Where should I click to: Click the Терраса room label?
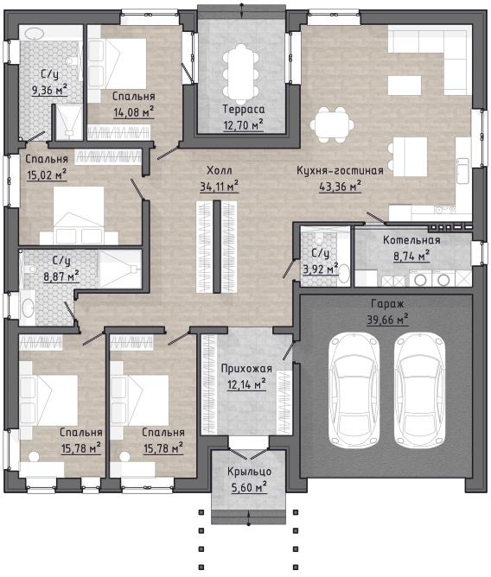click(244, 110)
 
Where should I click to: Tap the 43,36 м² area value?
click(340, 187)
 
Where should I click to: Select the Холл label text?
click(220, 170)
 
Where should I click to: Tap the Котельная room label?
click(411, 240)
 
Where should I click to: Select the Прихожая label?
click(246, 369)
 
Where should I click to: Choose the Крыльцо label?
click(249, 472)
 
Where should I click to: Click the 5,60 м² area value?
click(249, 487)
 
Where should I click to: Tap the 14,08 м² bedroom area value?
click(133, 112)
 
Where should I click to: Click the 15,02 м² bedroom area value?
click(47, 174)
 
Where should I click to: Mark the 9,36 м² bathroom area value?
click(50, 90)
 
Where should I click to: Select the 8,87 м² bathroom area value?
click(61, 276)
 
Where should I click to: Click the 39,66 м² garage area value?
click(387, 320)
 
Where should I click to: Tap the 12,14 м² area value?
click(246, 385)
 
